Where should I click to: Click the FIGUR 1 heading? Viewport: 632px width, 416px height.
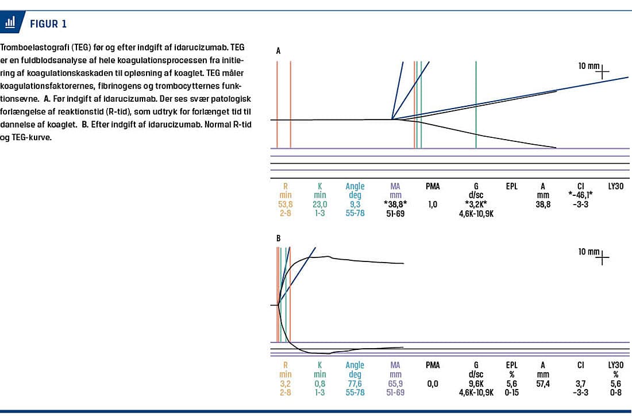[x=48, y=24]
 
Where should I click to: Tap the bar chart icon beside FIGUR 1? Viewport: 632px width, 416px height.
[x=10, y=23]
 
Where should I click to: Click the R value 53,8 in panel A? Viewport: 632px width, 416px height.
[x=285, y=204]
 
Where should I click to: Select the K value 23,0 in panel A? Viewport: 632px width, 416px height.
[x=320, y=204]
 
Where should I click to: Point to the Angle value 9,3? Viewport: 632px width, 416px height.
[x=355, y=204]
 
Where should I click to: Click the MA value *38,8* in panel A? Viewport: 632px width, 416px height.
[x=395, y=204]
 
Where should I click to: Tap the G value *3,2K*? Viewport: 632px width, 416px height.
[x=476, y=204]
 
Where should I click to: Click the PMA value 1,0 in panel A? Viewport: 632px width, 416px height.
[x=433, y=204]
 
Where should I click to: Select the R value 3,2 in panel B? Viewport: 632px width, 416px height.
[x=285, y=384]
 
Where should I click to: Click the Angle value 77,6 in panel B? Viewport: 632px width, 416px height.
[x=355, y=384]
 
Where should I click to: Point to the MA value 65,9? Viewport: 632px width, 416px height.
[x=395, y=384]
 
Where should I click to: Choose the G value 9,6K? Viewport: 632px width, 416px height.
[x=476, y=384]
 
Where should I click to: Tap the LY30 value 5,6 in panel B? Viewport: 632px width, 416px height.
[x=616, y=384]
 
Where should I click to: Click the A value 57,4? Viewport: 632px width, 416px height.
[x=543, y=384]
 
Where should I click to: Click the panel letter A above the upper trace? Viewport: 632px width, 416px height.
[x=279, y=51]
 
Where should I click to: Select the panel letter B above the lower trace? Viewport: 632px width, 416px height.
[x=279, y=237]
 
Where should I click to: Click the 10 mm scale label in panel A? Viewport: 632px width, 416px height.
[x=589, y=66]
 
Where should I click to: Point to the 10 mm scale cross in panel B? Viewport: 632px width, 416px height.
[x=602, y=258]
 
